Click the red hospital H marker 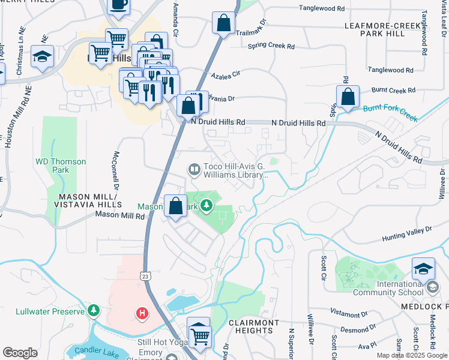(142, 313)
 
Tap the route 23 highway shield (146, 276)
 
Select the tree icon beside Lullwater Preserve (93, 310)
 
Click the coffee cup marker (118, 5)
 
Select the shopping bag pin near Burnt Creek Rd (348, 97)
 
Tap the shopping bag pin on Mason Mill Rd (175, 206)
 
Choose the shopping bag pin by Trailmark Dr (223, 24)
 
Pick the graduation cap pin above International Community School (423, 268)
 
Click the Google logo (20, 353)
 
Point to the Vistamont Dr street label (348, 313)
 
